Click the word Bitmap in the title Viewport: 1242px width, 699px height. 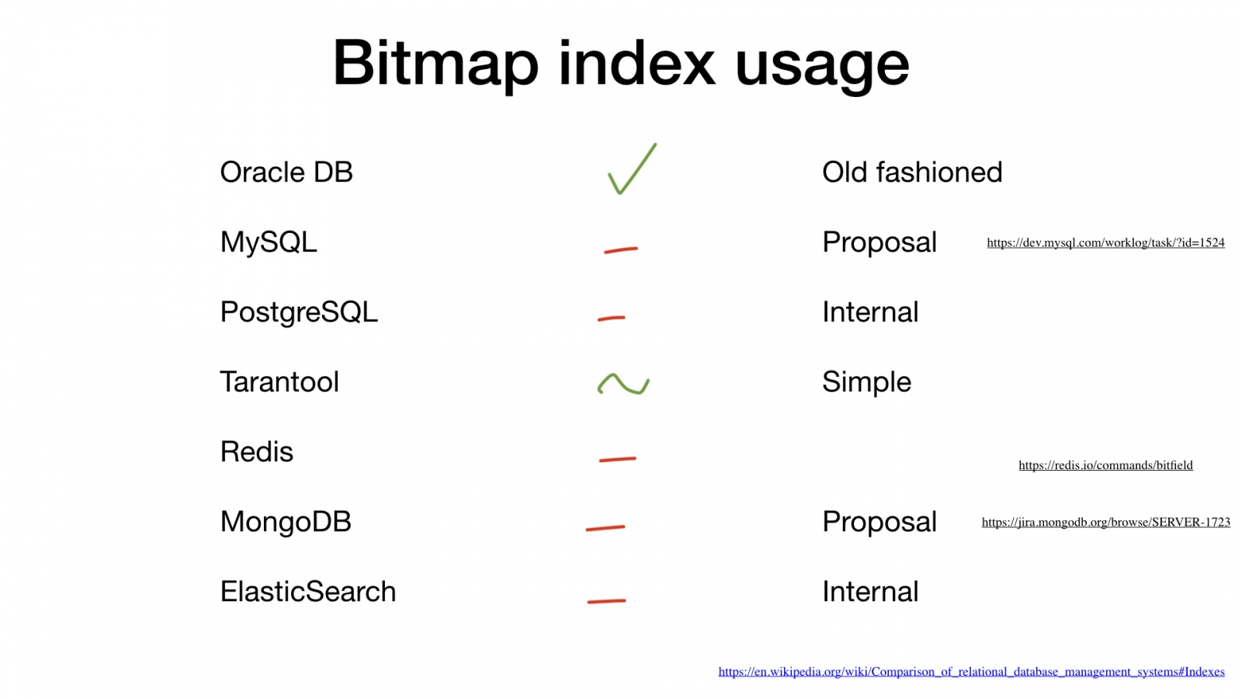click(435, 64)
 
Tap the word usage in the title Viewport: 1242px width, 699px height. click(822, 67)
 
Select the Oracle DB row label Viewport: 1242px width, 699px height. click(286, 172)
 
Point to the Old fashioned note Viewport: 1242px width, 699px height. click(912, 172)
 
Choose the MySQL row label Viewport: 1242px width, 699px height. click(269, 242)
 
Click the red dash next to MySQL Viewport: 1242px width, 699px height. click(620, 250)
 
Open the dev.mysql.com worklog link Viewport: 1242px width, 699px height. click(1105, 242)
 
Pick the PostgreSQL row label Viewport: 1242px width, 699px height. click(299, 312)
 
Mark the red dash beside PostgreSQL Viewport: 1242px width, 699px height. click(611, 318)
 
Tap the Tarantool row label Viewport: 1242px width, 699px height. click(279, 381)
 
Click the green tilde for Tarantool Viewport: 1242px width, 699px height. click(623, 384)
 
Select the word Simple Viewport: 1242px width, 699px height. click(866, 382)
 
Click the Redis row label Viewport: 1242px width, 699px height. click(257, 451)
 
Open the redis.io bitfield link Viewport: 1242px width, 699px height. click(1105, 465)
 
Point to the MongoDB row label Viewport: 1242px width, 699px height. click(286, 522)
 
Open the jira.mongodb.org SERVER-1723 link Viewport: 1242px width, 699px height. click(1105, 522)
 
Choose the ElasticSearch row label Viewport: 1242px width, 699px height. click(307, 591)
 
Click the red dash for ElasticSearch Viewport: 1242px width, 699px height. click(606, 601)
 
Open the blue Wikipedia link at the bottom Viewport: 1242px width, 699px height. click(971, 672)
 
